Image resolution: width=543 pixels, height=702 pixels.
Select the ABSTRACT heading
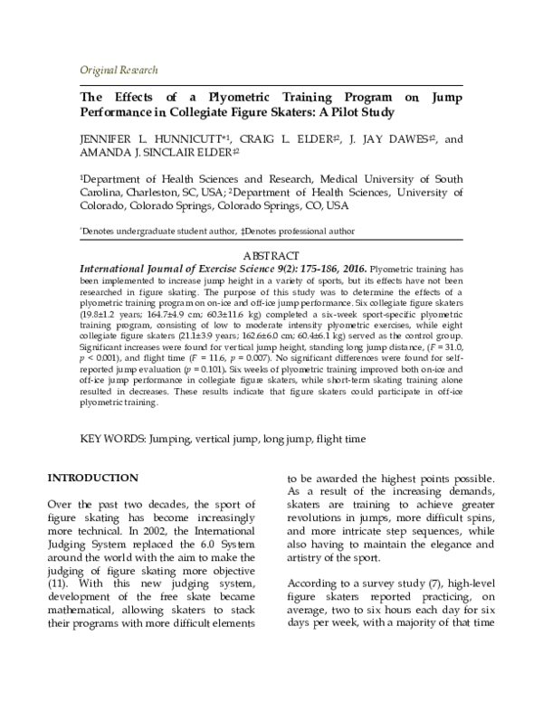(271, 256)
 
